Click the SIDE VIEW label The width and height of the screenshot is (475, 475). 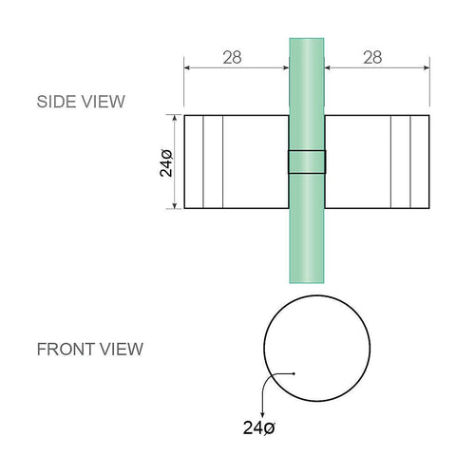pyautogui.click(x=80, y=101)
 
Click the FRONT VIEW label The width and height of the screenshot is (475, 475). pyautogui.click(x=89, y=349)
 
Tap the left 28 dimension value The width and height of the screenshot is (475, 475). pyautogui.click(x=231, y=57)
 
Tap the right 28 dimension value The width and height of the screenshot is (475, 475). pyautogui.click(x=372, y=57)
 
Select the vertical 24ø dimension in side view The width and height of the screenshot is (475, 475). pyautogui.click(x=165, y=162)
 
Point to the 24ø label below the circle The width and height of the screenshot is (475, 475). pyautogui.click(x=257, y=427)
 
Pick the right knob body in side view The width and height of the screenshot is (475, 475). pyautogui.click(x=357, y=162)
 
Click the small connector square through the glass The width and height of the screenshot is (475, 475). pyautogui.click(x=307, y=161)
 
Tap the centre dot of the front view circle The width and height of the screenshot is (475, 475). pyautogui.click(x=294, y=373)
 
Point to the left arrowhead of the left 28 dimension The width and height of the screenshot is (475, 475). pyautogui.click(x=187, y=67)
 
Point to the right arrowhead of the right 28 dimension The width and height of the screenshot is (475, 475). pyautogui.click(x=426, y=67)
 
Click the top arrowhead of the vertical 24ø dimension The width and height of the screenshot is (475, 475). pyautogui.click(x=174, y=119)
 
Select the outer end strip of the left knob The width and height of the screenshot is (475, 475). pyautogui.click(x=193, y=162)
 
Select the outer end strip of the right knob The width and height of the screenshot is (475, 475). pyautogui.click(x=420, y=162)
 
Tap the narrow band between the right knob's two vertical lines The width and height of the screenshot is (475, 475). pyautogui.click(x=402, y=162)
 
